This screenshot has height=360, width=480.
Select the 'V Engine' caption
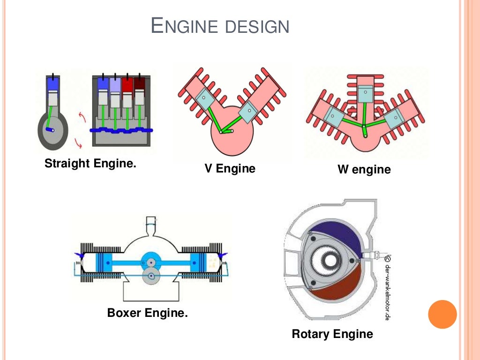230,169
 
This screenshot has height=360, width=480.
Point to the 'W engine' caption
364,169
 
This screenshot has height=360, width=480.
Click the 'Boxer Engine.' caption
147,313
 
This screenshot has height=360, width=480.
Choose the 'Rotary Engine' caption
332,334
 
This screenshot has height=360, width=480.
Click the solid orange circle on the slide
442,314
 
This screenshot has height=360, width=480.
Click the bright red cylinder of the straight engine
127,85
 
